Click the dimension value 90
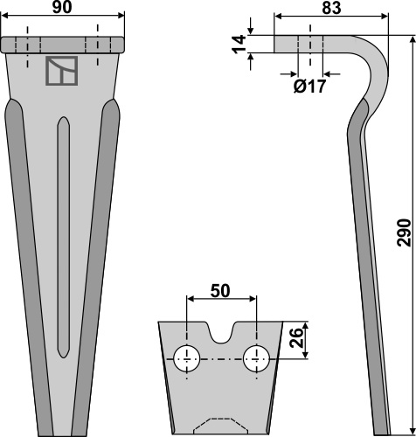coord(62,7)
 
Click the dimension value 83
coord(331,8)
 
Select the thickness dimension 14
coord(239,45)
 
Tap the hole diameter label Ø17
coord(309,87)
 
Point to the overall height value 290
coord(404,232)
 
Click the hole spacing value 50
coord(220,291)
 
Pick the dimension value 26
coord(297,337)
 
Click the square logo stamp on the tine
coord(62,71)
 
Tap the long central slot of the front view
coord(64,237)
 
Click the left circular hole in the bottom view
coord(187,359)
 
